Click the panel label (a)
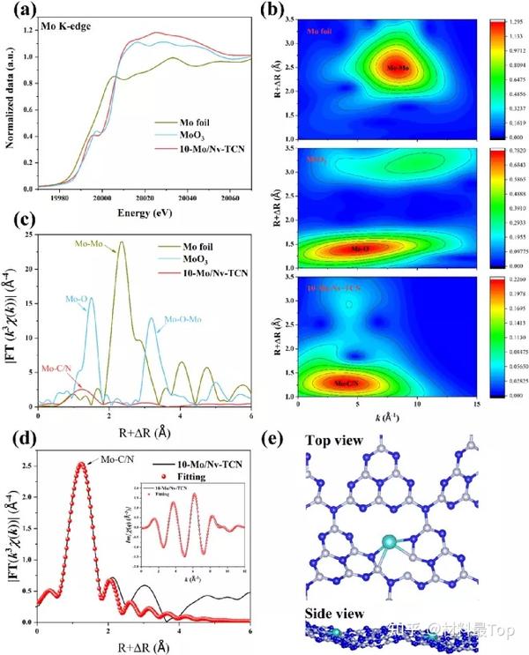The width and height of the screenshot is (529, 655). click(x=19, y=13)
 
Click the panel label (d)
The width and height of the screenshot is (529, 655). click(x=19, y=437)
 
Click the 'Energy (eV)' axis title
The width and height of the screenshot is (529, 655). click(x=144, y=213)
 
